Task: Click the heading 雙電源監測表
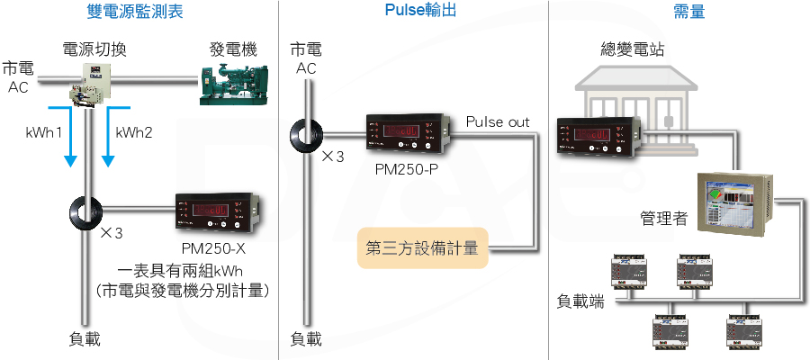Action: tap(135, 12)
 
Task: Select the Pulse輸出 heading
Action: tap(420, 10)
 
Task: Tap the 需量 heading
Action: tap(689, 12)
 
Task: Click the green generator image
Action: tap(234, 85)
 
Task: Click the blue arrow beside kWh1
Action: tap(68, 137)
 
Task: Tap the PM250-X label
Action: tap(213, 249)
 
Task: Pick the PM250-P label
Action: tap(407, 169)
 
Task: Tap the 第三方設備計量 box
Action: tap(423, 248)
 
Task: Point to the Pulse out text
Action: tap(498, 122)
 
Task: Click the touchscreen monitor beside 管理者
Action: tap(734, 203)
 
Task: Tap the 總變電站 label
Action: tap(633, 49)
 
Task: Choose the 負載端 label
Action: tap(580, 301)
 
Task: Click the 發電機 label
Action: tap(233, 49)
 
